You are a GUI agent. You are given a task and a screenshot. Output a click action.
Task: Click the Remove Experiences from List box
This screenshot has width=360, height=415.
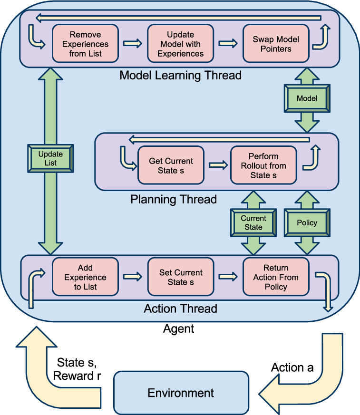click(85, 44)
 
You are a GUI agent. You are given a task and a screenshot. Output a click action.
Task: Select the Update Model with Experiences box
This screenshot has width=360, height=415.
click(181, 44)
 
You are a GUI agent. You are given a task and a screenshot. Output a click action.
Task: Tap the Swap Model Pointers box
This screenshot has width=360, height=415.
click(276, 44)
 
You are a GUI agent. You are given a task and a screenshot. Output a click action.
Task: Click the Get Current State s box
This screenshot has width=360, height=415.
click(171, 165)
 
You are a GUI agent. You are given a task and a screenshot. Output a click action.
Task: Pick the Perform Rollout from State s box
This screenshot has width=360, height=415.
click(263, 165)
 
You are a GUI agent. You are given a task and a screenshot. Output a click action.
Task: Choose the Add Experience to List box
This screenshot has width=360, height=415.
click(85, 277)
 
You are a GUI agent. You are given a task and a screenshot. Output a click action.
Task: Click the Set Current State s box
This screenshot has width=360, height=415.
click(181, 277)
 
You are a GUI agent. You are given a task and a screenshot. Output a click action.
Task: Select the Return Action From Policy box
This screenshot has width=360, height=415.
click(276, 277)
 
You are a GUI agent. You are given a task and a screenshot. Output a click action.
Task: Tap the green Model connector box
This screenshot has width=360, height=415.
click(307, 98)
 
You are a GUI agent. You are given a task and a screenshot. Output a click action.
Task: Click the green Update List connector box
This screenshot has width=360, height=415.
click(50, 158)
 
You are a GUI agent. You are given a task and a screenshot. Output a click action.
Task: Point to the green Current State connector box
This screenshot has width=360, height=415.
click(253, 222)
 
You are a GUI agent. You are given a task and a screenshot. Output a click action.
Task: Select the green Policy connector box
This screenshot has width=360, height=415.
click(307, 222)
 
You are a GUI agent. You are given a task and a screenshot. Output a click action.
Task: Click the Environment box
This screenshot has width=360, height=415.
click(181, 393)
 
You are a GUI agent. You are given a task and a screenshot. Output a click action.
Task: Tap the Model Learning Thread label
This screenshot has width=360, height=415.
click(181, 75)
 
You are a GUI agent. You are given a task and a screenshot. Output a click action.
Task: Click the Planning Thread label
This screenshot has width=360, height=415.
click(174, 199)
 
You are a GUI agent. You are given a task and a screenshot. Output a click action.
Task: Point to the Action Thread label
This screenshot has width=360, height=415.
click(181, 309)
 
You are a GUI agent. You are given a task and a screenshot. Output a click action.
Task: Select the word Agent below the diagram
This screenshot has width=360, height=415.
click(179, 329)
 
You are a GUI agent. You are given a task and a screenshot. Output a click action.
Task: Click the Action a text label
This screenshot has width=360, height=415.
click(292, 367)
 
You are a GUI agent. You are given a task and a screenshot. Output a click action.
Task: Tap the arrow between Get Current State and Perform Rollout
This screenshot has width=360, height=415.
click(218, 165)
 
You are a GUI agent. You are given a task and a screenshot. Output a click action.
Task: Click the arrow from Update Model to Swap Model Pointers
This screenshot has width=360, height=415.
click(228, 43)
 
